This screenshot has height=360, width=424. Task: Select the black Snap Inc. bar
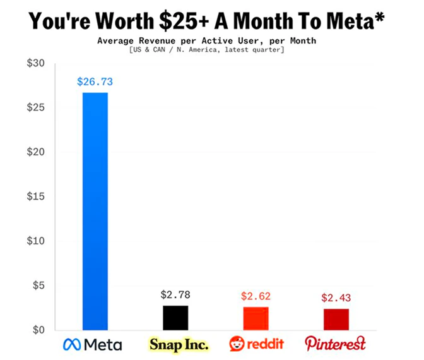[x=175, y=318]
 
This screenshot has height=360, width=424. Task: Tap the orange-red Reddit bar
[x=256, y=318]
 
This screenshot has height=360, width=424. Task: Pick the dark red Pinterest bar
[x=336, y=319]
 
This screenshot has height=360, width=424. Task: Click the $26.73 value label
[x=95, y=81]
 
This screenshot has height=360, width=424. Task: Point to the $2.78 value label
[x=175, y=294]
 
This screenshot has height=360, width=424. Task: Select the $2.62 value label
[x=256, y=296]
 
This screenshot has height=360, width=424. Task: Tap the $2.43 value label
[x=336, y=297]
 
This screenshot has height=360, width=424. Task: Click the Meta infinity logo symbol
[x=73, y=345]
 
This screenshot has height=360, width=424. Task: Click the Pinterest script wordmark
[x=335, y=344]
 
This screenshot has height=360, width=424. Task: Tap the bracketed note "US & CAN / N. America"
[x=196, y=50]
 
